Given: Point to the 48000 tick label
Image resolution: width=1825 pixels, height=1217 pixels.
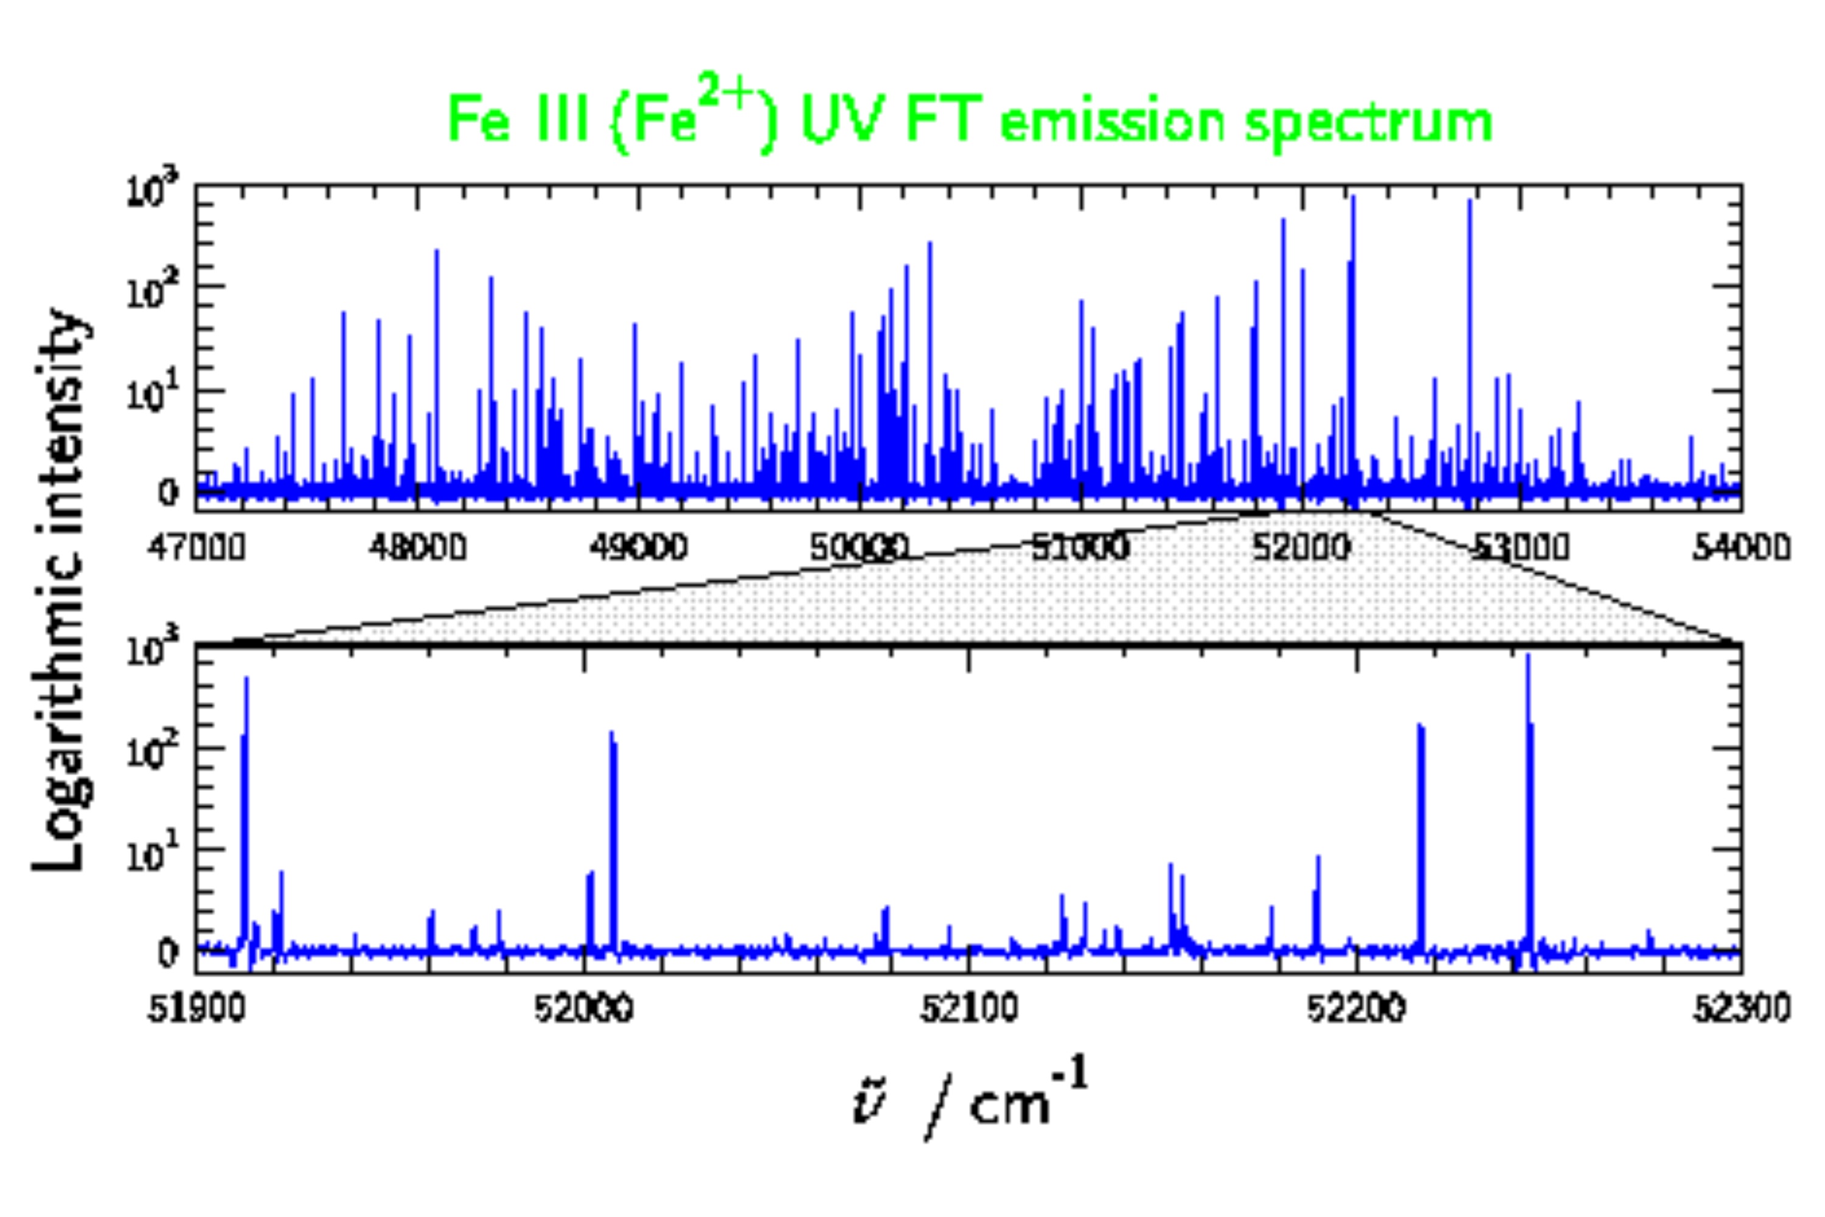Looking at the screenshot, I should [x=417, y=548].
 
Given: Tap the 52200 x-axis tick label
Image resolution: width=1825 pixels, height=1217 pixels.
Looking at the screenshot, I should [x=1355, y=1009].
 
